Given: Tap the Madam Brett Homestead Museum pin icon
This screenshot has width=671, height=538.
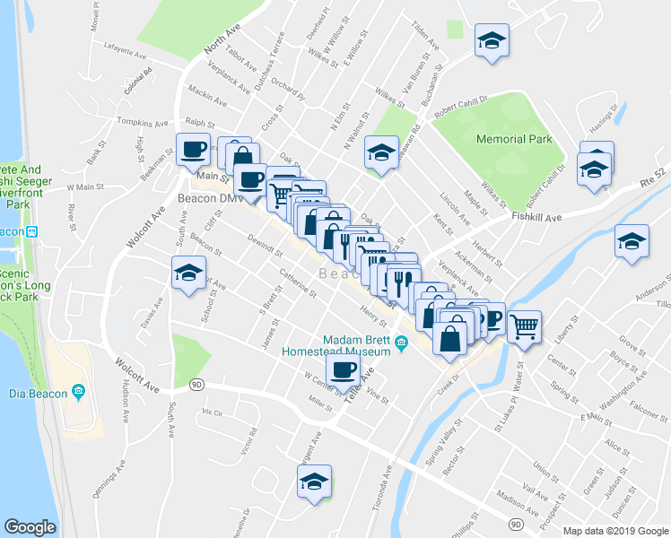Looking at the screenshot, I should tap(403, 341).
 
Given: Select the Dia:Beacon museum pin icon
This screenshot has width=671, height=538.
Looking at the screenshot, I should tap(78, 390).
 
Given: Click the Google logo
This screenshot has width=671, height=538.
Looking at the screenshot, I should tap(30, 527).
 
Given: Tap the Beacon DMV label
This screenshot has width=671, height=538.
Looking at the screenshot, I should tap(205, 197).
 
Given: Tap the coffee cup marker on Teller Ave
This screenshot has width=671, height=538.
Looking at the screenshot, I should tap(342, 369).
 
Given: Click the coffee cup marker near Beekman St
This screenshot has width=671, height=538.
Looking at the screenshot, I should tap(193, 149).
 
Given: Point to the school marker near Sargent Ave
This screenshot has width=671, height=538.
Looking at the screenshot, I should tap(314, 482).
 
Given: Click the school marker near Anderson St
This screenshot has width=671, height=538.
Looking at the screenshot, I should tap(632, 242).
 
